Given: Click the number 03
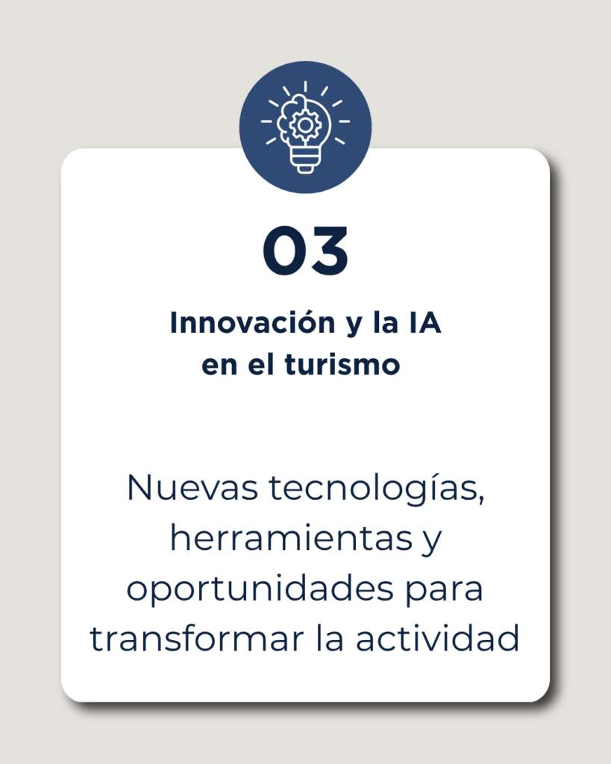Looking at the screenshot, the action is click(306, 251).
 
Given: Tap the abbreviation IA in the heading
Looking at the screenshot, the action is click(425, 322).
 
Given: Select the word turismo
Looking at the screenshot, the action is click(342, 364).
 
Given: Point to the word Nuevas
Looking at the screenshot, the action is click(192, 487).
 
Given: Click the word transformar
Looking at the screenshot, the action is click(197, 639).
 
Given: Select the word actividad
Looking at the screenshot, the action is click(437, 639).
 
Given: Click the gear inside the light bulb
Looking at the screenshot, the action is click(306, 125).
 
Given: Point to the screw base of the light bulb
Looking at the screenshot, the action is click(306, 160).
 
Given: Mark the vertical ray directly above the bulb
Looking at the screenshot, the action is click(306, 87).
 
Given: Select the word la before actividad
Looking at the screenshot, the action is click(330, 639).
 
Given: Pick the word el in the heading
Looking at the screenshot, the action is click(261, 364).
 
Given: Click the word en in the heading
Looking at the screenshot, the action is click(219, 366).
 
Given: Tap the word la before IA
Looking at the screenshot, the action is click(386, 322).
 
